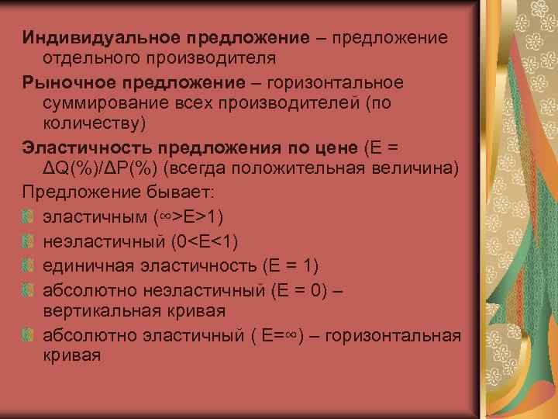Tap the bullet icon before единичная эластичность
pos(28,265)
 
